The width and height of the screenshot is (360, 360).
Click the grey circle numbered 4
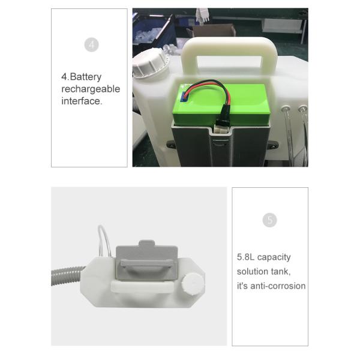[x=91, y=44]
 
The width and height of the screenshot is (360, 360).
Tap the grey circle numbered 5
[x=269, y=220]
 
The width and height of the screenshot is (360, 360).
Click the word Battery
[x=86, y=77]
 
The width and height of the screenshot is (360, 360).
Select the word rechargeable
[x=91, y=89]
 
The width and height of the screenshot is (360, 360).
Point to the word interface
[x=82, y=101]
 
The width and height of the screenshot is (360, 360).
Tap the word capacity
[x=274, y=257]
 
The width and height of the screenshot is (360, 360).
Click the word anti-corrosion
[x=278, y=286]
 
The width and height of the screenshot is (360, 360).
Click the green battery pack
[x=221, y=104]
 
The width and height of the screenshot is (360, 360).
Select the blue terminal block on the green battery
[x=184, y=97]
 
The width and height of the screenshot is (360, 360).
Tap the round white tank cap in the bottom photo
[x=193, y=283]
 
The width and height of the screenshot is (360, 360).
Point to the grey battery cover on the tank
[x=146, y=260]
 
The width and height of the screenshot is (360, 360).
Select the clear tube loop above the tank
[x=104, y=241]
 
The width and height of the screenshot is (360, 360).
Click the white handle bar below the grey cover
[x=142, y=287]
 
